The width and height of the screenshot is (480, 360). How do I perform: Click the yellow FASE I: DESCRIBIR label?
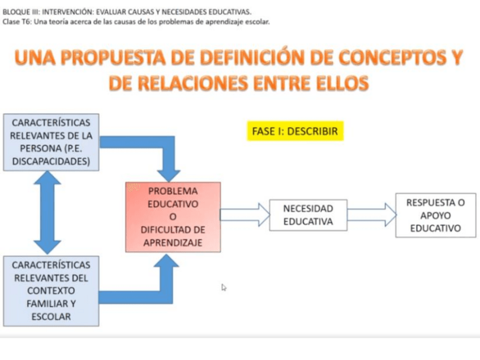pos(294,131)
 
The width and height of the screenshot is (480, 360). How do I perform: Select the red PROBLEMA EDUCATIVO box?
pos(173,217)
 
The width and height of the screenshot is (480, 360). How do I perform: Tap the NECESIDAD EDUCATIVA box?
pos(308,215)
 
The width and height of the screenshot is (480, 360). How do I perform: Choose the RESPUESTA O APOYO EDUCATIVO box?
pos(435,215)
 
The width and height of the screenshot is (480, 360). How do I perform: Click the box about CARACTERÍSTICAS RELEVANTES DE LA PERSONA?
pos(51,142)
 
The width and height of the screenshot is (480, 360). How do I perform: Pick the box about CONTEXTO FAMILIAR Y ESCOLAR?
pos(51,290)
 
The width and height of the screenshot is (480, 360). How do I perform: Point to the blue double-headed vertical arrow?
pos(48,212)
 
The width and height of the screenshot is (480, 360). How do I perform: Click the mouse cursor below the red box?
pos(224,288)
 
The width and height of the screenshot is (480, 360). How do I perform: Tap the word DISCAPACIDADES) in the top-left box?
pos(51,161)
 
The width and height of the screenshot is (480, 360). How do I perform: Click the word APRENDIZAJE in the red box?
pos(173,243)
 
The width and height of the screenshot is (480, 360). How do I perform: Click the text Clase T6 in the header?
pos(17,22)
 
